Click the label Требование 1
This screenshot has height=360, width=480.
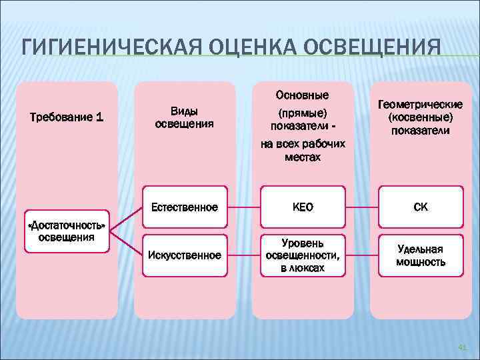[x=67, y=117]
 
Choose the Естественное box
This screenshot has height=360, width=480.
[x=185, y=207]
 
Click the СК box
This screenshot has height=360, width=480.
[x=421, y=207]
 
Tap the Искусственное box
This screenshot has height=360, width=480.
[x=185, y=255]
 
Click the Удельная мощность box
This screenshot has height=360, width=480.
[x=421, y=255]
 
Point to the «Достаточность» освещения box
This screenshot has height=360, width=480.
[x=66, y=230]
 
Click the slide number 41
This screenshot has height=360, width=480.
[x=463, y=347]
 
